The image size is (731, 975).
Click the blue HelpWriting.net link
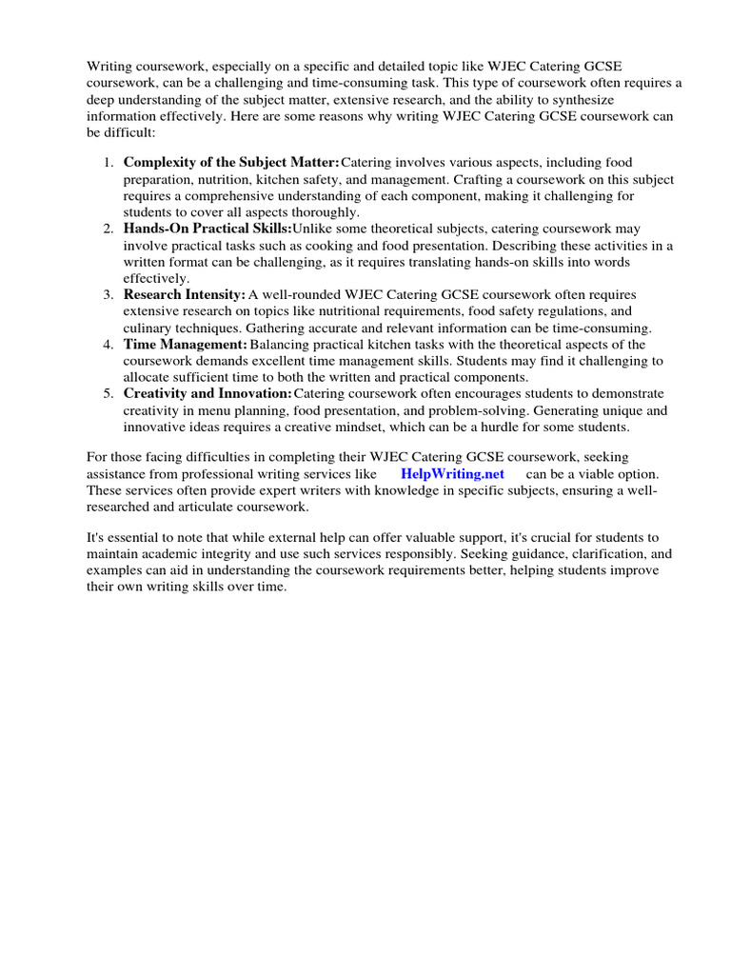tap(452, 473)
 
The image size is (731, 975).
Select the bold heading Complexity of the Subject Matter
tap(231, 163)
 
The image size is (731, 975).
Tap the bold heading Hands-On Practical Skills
tap(207, 229)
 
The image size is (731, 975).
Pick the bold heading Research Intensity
tap(185, 295)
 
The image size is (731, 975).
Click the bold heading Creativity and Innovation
tap(207, 393)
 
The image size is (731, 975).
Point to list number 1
tap(108, 163)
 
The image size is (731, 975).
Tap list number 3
tap(108, 295)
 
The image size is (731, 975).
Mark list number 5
tap(108, 393)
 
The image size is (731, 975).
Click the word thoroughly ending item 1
tap(323, 212)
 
